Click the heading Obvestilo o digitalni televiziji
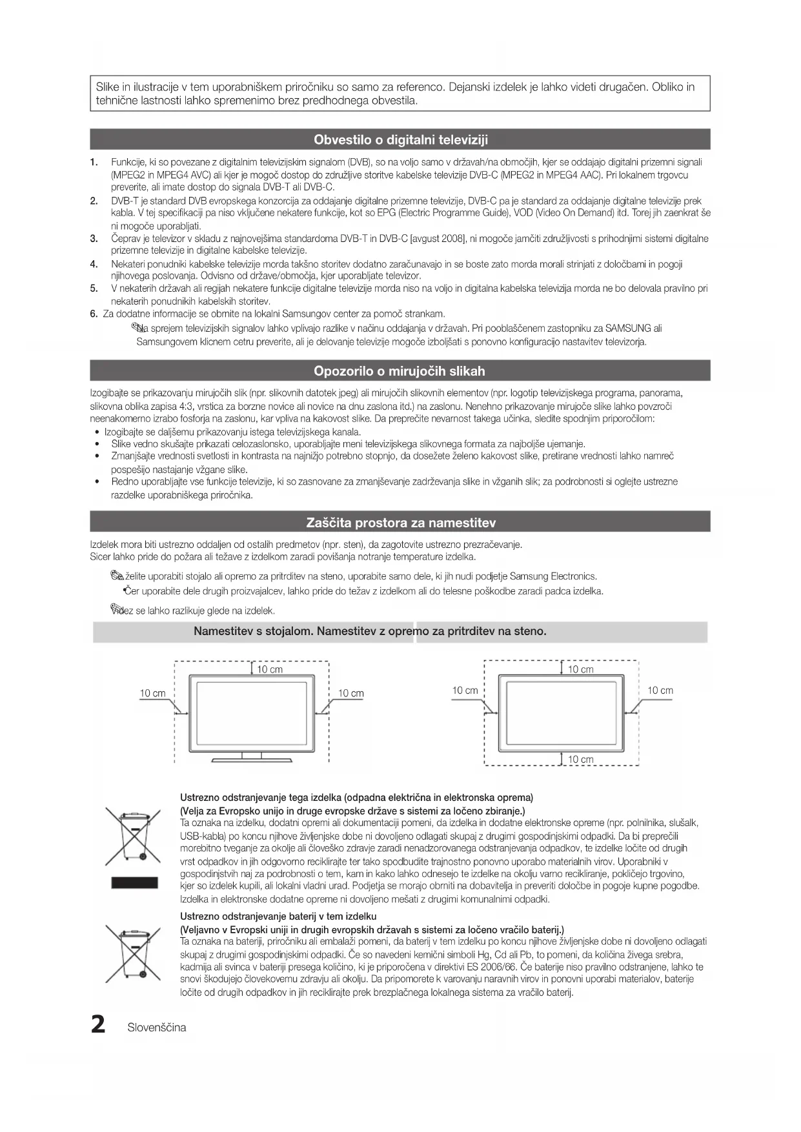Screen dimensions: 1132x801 [x=400, y=139]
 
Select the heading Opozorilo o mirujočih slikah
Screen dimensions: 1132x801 [x=400, y=371]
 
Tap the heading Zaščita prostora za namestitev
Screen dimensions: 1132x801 [x=400, y=522]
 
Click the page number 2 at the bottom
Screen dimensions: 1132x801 [x=98, y=1024]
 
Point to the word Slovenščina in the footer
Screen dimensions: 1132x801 [x=157, y=1027]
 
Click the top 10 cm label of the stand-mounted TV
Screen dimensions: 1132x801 [x=270, y=669]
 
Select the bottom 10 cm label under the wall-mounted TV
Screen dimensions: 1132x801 [x=580, y=759]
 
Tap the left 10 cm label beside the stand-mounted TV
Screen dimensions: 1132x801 [x=153, y=693]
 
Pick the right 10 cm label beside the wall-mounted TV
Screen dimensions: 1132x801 [x=660, y=691]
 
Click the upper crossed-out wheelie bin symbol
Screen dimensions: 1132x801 [x=133, y=836]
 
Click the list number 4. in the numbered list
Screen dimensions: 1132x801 [x=94, y=264]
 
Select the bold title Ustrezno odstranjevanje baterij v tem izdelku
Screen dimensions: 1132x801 [x=278, y=916]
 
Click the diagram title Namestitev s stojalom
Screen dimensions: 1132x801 [x=254, y=631]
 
